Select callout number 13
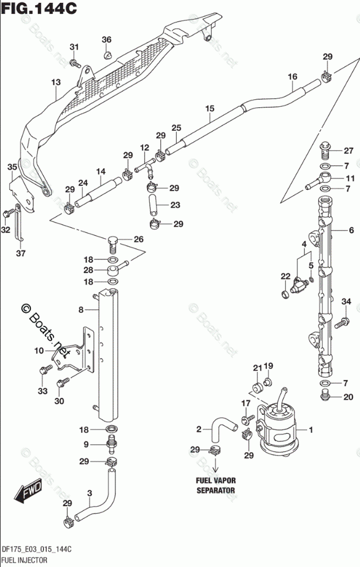pyautogui.click(x=55, y=83)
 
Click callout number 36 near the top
pyautogui.click(x=106, y=40)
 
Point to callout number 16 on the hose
pyautogui.click(x=292, y=76)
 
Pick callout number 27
pyautogui.click(x=348, y=150)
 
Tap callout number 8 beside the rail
pyautogui.click(x=82, y=310)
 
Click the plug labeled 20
pyautogui.click(x=325, y=395)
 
